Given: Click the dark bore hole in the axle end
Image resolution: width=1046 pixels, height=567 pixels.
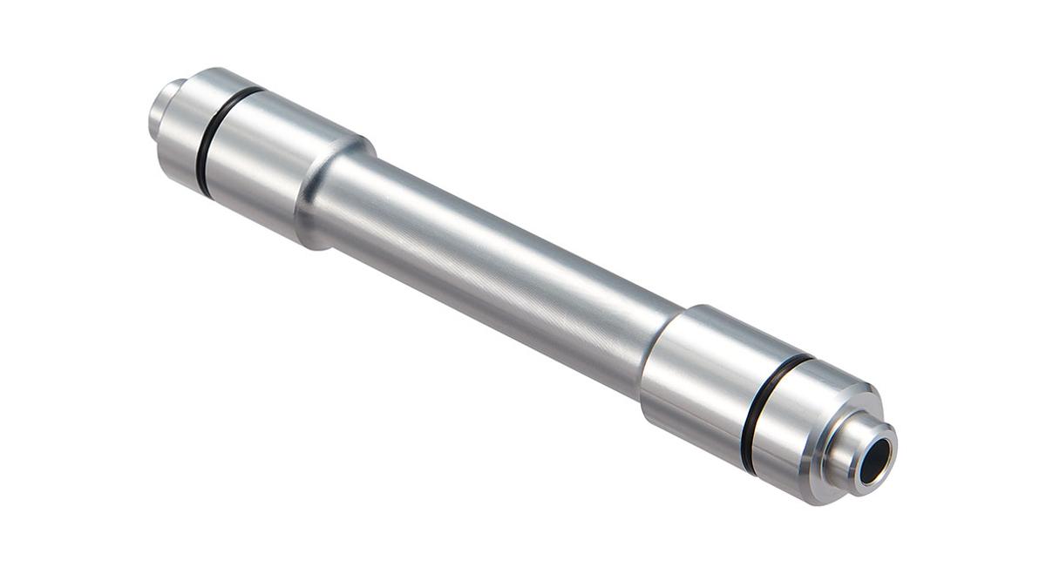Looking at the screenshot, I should point(874,458).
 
